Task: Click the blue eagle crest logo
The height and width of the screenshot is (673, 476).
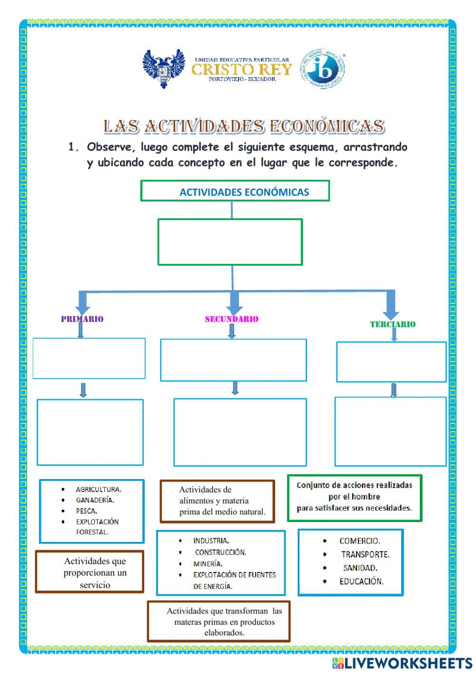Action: coord(163,69)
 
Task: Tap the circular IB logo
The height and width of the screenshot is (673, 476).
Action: coord(323,69)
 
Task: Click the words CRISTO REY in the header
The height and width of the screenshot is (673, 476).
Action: coord(241,70)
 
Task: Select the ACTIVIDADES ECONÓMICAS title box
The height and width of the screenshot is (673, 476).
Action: coord(235,191)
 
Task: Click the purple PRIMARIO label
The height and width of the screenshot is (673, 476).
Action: coord(82,319)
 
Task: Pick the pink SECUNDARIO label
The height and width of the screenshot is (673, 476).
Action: coord(231,319)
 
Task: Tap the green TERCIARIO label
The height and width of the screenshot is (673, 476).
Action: coord(393,324)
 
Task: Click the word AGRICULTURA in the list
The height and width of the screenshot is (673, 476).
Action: coord(99,489)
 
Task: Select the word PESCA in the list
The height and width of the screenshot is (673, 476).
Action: coord(87,511)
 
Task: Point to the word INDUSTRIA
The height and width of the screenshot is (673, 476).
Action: coord(211,541)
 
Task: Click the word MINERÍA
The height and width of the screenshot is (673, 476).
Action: coord(208,563)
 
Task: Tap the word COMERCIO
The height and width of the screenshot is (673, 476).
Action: coord(360,541)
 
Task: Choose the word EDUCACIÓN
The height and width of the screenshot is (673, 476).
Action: coord(361,581)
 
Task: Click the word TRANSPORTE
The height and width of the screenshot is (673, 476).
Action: coord(365,554)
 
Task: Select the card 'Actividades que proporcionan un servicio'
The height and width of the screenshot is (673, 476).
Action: coord(90,572)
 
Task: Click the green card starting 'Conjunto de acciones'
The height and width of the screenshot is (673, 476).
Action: coord(355,497)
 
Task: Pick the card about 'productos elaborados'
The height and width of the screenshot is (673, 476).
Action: coord(218,622)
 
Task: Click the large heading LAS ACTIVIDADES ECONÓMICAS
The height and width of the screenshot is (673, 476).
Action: coord(244,126)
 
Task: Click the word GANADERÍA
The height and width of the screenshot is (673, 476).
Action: coord(95,500)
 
